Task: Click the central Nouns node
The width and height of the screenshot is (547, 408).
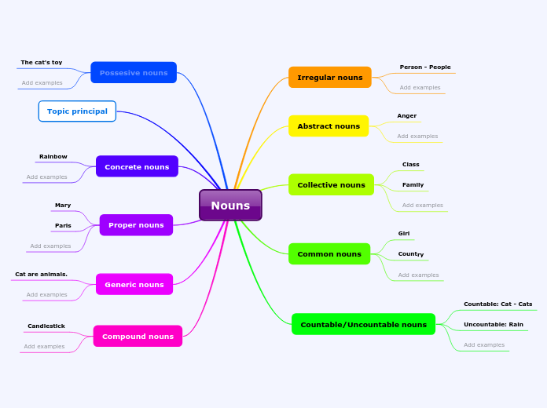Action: point(230,206)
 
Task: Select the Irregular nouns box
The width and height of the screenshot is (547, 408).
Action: point(329,78)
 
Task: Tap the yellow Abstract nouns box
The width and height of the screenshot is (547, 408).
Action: point(329,126)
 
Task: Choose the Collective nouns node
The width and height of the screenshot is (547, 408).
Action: point(331,185)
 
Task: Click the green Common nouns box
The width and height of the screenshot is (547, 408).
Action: point(329,254)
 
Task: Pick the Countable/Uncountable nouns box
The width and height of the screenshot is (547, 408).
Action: point(363,325)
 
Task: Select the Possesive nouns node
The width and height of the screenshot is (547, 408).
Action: point(134,73)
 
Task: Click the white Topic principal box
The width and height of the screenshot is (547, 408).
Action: point(77,111)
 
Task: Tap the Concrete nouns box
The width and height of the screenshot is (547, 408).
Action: point(137,167)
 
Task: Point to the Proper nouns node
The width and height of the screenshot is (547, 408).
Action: point(136,225)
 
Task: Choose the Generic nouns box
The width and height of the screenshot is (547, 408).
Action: point(134,285)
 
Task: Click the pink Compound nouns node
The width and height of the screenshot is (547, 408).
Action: point(138,337)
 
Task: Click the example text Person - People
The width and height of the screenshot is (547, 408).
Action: point(425,67)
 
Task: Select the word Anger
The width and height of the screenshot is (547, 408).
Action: point(407,116)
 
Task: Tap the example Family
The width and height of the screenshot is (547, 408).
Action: point(413,185)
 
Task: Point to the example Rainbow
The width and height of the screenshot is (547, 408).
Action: point(53,157)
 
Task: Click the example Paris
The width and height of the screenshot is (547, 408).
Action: point(63,226)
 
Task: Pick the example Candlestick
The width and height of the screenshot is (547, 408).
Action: point(46,326)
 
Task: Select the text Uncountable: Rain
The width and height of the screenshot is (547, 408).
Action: point(494,325)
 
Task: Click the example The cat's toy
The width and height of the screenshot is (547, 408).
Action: point(42,63)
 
